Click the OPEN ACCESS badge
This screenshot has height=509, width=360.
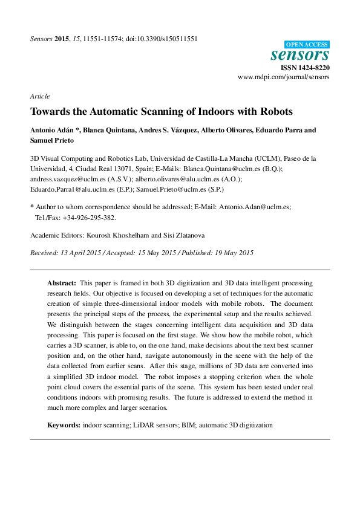click(x=307, y=44)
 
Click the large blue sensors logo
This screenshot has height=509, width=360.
click(x=299, y=56)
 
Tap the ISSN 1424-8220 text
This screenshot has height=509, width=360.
click(x=305, y=68)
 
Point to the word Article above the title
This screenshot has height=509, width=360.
click(x=39, y=96)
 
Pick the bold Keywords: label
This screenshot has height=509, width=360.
click(x=64, y=425)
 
